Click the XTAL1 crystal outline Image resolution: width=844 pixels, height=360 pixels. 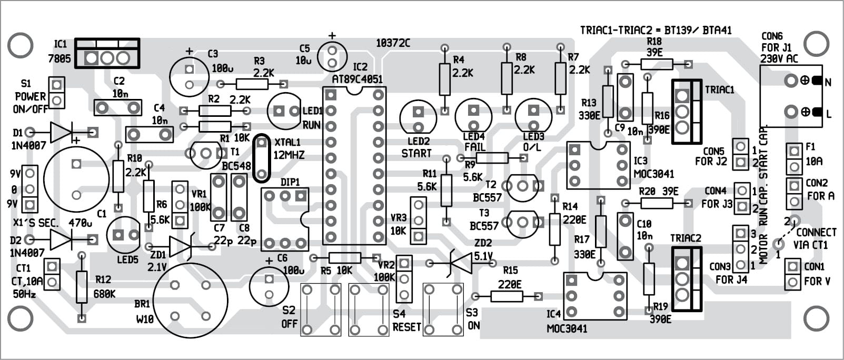click(x=261, y=158)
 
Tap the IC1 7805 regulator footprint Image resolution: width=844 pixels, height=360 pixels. click(x=107, y=53)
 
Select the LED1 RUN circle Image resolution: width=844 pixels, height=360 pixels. click(x=284, y=111)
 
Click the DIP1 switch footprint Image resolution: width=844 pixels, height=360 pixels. click(x=285, y=219)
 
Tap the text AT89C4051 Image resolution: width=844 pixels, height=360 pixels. click(x=358, y=79)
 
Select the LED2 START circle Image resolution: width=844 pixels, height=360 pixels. click(x=418, y=119)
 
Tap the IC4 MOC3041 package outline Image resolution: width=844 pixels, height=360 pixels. click(x=595, y=296)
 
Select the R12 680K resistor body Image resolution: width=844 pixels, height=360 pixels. click(x=81, y=287)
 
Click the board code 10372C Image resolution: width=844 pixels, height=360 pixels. click(x=393, y=43)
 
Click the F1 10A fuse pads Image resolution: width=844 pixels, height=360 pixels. click(x=793, y=159)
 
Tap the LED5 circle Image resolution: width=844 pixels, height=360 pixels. click(x=123, y=235)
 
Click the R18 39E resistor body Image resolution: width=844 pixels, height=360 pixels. click(x=657, y=64)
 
